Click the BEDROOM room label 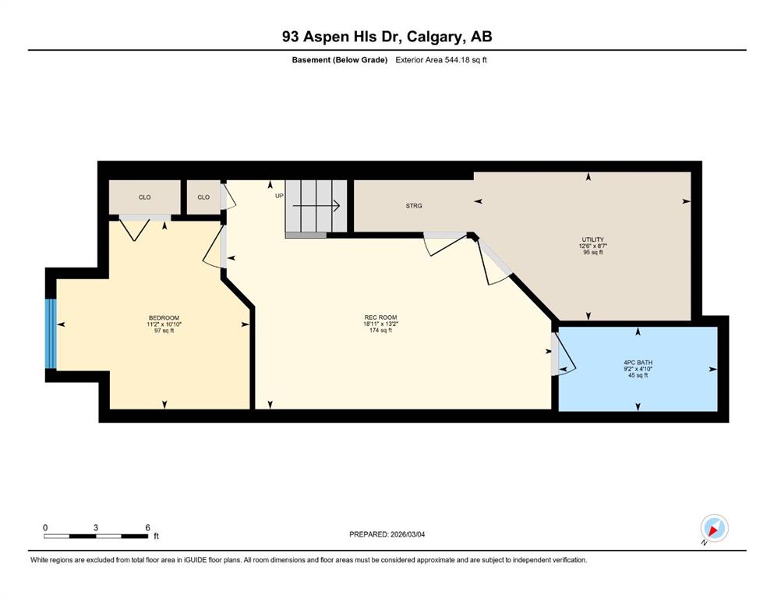point(164,317)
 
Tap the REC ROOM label point(380,317)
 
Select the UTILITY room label point(593,239)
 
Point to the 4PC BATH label point(638,363)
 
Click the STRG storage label point(414,206)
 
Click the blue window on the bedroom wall point(51,334)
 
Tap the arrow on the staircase point(316,205)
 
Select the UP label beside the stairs point(279,196)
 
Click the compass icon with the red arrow point(714,528)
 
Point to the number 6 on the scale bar point(147,527)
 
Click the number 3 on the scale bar point(96,527)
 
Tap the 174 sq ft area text point(380,331)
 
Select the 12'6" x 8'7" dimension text point(593,246)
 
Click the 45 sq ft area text point(638,375)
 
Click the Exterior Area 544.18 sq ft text point(441,60)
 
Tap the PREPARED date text point(387,534)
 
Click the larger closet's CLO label point(145,197)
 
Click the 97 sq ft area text point(164,331)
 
